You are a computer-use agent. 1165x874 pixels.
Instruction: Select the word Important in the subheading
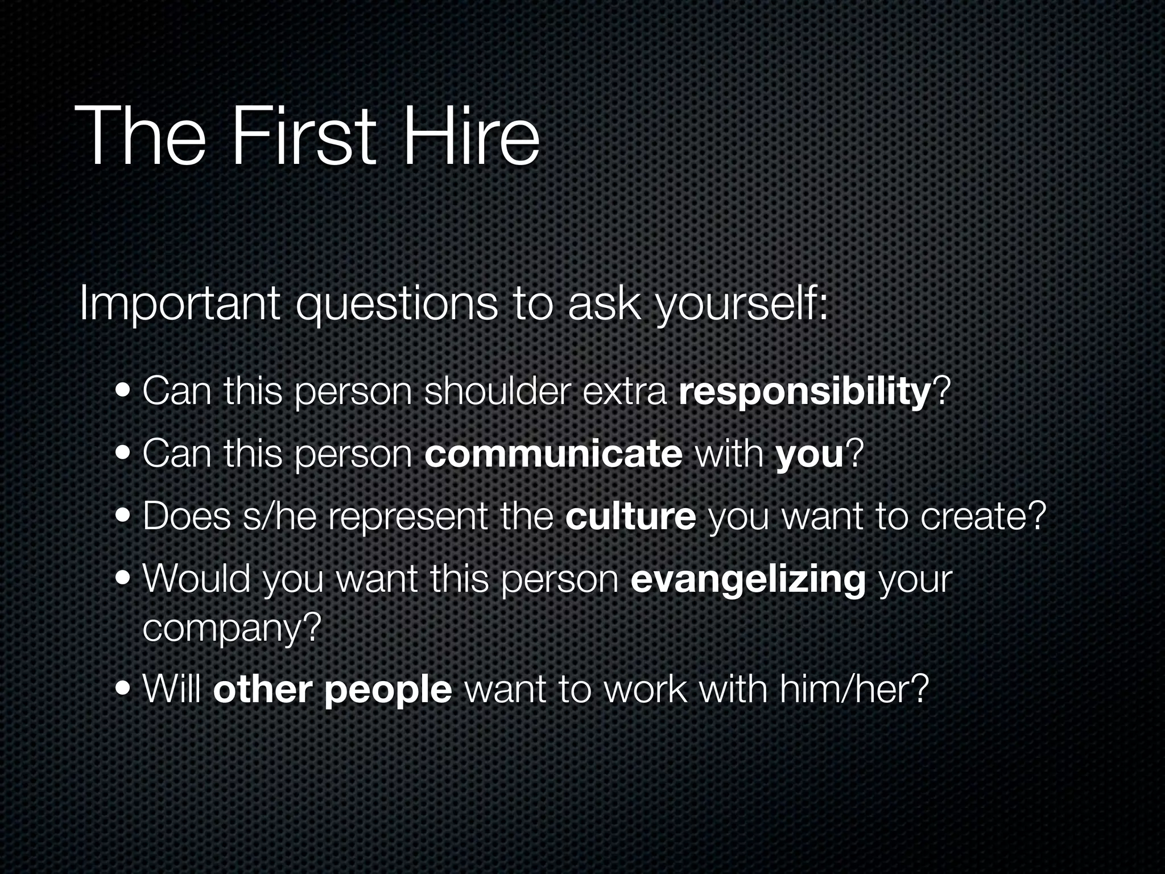(x=180, y=304)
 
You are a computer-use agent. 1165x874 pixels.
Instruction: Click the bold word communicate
(x=553, y=454)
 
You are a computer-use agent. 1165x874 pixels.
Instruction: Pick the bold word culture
(x=630, y=516)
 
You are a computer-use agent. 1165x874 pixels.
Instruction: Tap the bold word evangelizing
(x=748, y=579)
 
